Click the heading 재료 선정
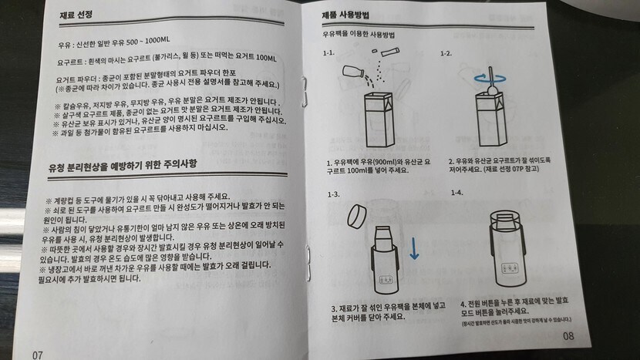(76, 15)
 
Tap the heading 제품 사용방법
(345, 15)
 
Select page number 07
(38, 355)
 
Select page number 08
(568, 336)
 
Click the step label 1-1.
(328, 52)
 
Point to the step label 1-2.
(446, 53)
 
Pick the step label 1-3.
(333, 194)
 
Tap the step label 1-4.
(457, 193)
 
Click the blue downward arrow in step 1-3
(414, 248)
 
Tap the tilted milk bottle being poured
(353, 72)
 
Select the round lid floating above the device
(357, 217)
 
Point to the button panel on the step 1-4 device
(510, 268)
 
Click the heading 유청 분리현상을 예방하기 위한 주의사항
(123, 165)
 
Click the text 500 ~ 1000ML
(148, 41)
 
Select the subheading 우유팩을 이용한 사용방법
(359, 35)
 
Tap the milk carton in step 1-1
(379, 119)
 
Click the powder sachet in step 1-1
(390, 52)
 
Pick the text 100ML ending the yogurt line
(266, 58)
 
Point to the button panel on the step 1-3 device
(386, 281)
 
